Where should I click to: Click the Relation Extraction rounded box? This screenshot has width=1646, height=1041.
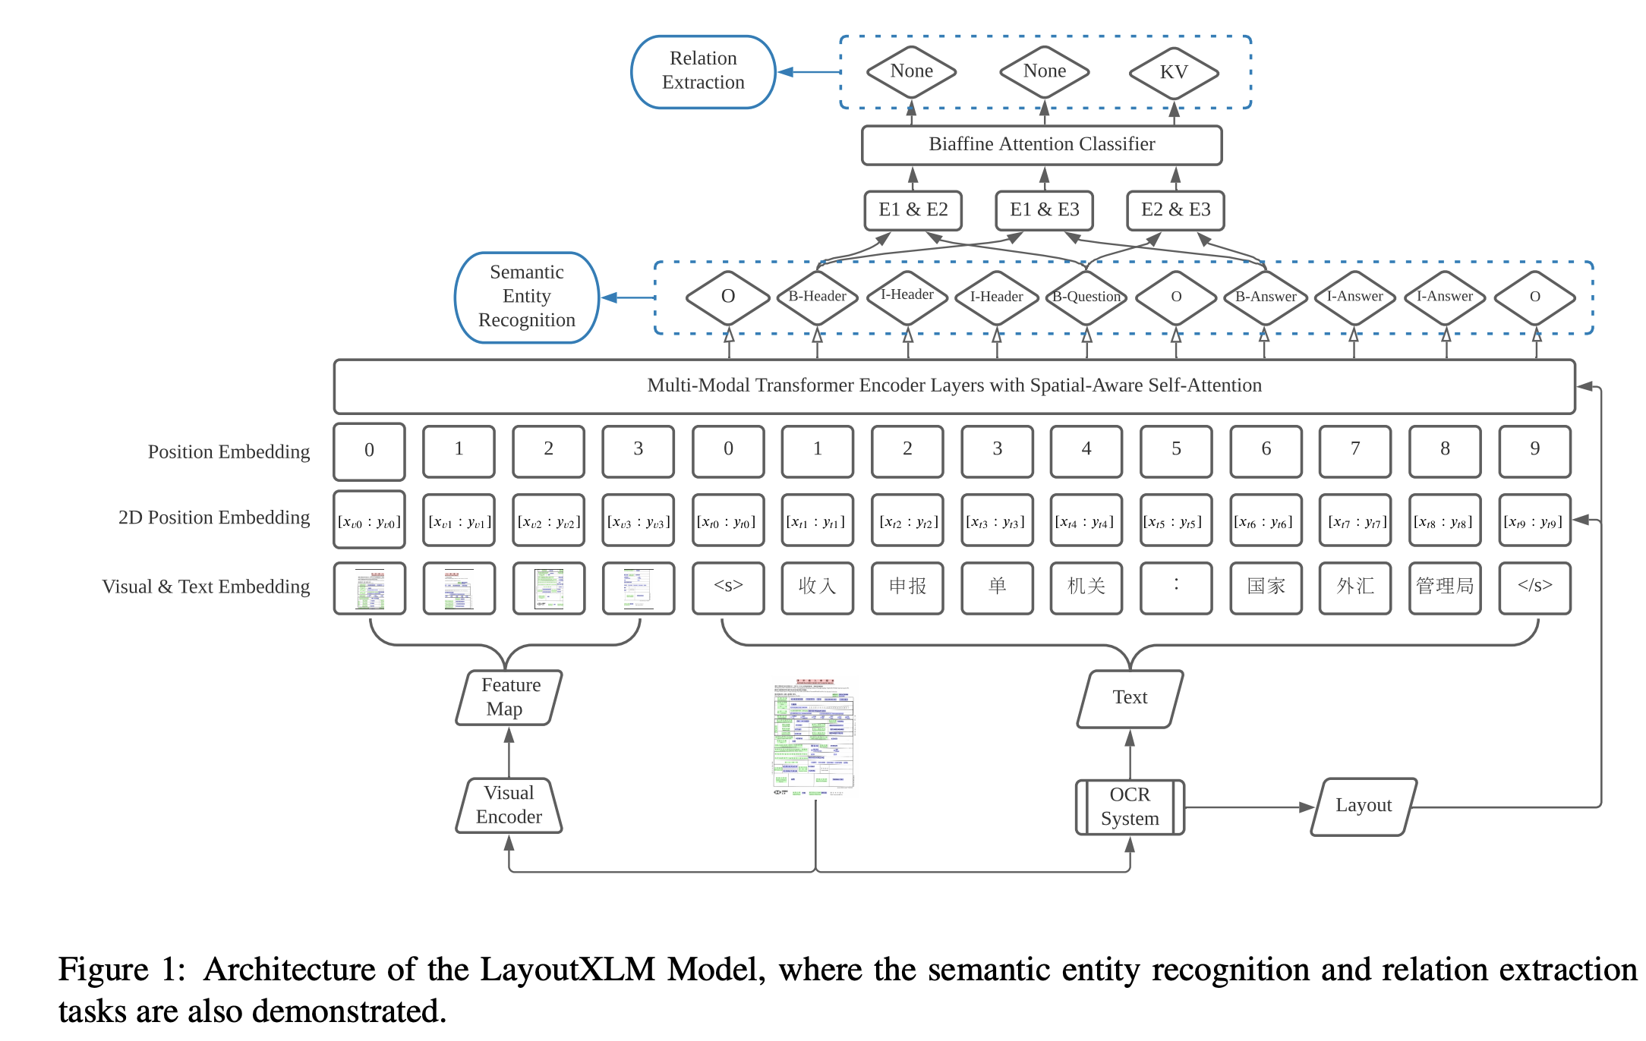point(703,71)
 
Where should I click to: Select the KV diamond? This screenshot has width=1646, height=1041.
point(1173,72)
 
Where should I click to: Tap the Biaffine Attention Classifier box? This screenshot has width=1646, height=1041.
point(1041,145)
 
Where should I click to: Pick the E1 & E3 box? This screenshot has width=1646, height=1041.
point(1044,210)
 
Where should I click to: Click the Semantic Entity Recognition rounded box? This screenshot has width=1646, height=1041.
point(527,297)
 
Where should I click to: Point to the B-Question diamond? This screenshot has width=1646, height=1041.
point(1086,297)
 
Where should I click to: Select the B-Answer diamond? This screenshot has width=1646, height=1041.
point(1265,297)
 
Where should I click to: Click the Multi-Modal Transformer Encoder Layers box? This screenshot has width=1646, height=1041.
point(954,386)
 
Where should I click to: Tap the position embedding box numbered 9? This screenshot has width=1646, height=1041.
point(1534,451)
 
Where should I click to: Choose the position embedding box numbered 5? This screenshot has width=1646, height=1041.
point(1176,451)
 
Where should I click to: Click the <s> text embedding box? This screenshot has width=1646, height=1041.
point(727,587)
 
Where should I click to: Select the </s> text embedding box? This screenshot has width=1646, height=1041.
point(1534,587)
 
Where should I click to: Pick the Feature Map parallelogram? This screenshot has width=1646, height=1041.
point(509,697)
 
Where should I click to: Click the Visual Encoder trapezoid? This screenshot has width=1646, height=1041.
point(509,805)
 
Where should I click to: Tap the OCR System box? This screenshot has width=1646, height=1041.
point(1129,807)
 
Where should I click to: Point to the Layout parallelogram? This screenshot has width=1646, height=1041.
point(1364,807)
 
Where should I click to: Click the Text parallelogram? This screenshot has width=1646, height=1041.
point(1130,698)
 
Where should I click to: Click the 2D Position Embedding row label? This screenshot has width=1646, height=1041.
point(213,517)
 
